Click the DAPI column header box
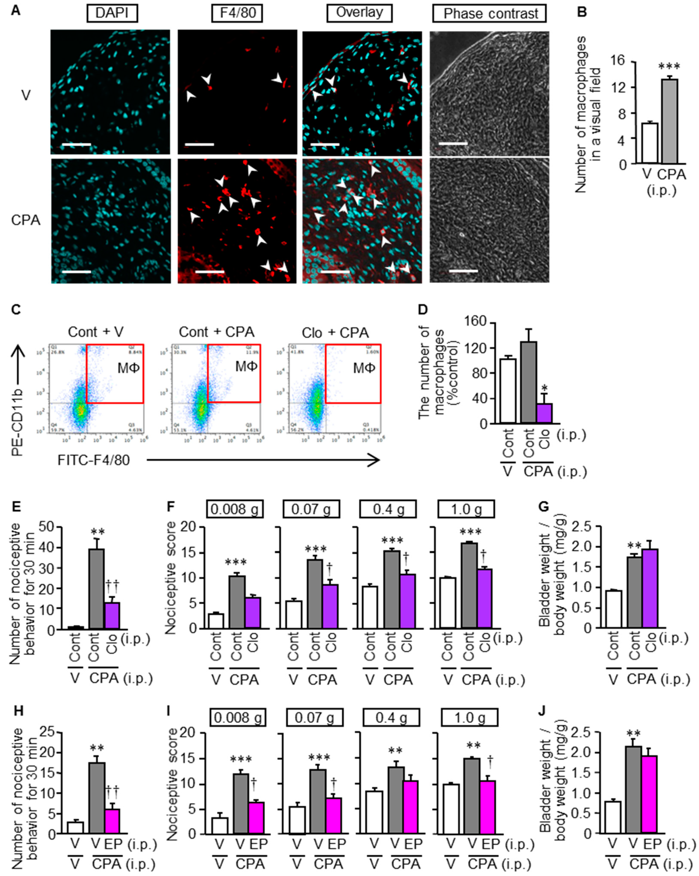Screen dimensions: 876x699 click(112, 14)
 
